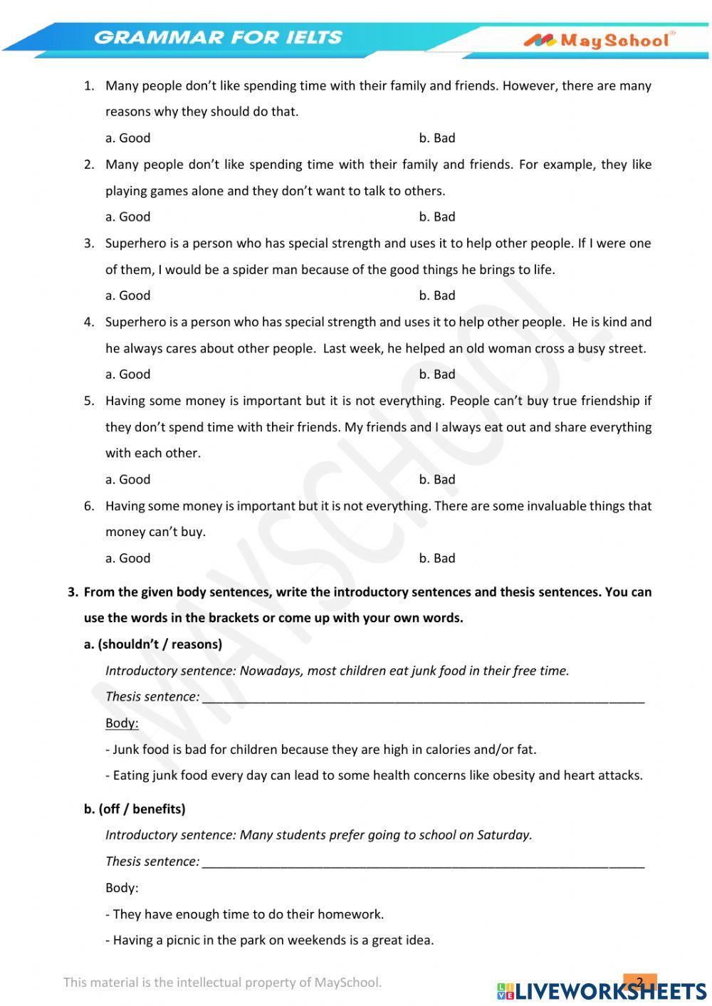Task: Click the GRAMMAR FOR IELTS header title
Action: (x=218, y=37)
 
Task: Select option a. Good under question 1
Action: (x=128, y=138)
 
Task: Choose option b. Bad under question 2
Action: (x=437, y=217)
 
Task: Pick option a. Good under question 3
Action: (x=128, y=295)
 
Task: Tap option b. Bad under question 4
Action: (x=437, y=374)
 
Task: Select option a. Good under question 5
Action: (x=128, y=480)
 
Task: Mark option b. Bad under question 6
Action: (x=437, y=559)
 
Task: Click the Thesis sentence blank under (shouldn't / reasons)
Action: (x=423, y=698)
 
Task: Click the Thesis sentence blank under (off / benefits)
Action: (x=423, y=862)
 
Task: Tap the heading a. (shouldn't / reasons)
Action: (x=153, y=644)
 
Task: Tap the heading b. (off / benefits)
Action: (x=135, y=809)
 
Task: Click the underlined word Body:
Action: (x=122, y=723)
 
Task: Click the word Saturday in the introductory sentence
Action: (x=503, y=835)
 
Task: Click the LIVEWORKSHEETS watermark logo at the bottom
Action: (x=602, y=990)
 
